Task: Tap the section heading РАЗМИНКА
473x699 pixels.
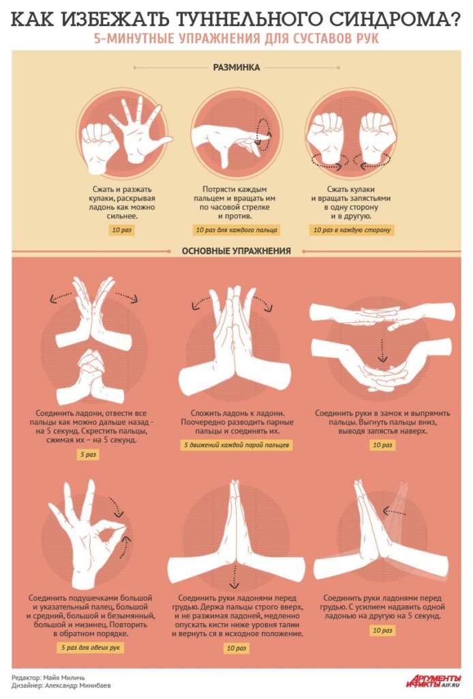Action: tap(236, 68)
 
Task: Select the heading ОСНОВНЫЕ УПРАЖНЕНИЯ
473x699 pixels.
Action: tap(236, 251)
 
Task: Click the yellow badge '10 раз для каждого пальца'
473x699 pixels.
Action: tap(236, 230)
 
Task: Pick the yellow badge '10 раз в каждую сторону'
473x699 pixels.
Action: tap(352, 230)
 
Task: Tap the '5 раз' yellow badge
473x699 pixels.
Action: tap(88, 454)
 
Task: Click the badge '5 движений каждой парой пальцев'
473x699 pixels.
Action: tap(236, 445)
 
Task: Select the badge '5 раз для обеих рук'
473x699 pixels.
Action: tap(91, 647)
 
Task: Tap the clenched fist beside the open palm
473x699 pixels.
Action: tap(98, 148)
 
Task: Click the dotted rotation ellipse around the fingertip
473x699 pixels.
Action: tap(263, 131)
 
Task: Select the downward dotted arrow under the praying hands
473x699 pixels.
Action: tap(234, 577)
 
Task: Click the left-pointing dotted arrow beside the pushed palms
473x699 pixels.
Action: tap(395, 511)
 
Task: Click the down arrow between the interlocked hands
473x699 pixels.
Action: tap(382, 350)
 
